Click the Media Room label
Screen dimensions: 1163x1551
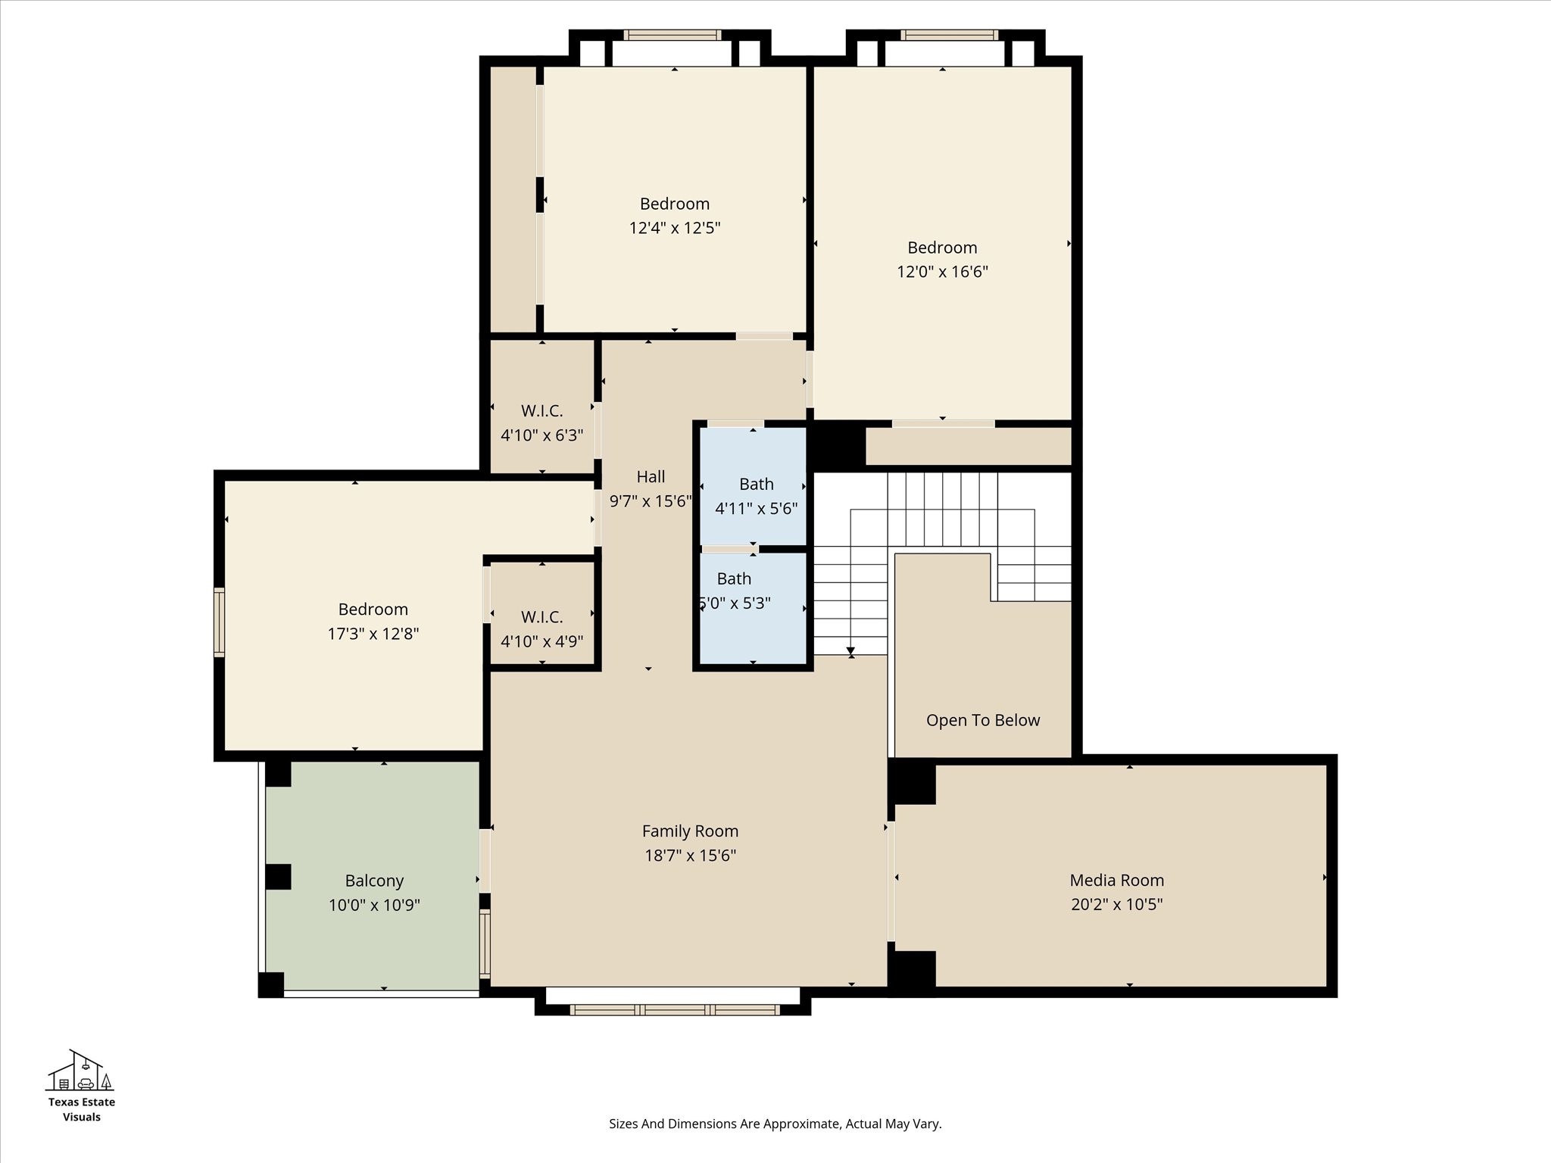coord(1116,880)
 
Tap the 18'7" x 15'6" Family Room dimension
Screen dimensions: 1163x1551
coord(690,856)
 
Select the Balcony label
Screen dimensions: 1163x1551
coord(374,881)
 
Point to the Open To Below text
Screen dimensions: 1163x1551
coord(982,720)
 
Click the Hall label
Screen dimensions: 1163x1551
coord(651,476)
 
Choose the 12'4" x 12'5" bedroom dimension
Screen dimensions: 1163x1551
coord(674,228)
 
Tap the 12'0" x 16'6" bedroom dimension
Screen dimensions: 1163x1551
coord(942,272)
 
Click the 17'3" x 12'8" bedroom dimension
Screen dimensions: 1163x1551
coord(373,634)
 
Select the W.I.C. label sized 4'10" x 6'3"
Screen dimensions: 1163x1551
coord(541,411)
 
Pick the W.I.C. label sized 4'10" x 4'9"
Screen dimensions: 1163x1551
coord(541,617)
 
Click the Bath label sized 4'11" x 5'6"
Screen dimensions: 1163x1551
coord(756,484)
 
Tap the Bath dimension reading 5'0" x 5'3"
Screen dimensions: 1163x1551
coord(735,603)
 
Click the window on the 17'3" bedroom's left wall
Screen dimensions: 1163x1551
coord(220,622)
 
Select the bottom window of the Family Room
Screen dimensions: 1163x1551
coord(674,1009)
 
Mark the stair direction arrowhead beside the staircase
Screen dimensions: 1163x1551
coord(850,651)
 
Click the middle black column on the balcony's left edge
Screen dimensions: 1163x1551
coord(278,877)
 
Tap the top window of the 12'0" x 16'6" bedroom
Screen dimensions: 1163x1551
coord(949,35)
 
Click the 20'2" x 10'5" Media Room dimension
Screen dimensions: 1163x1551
coord(1116,904)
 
